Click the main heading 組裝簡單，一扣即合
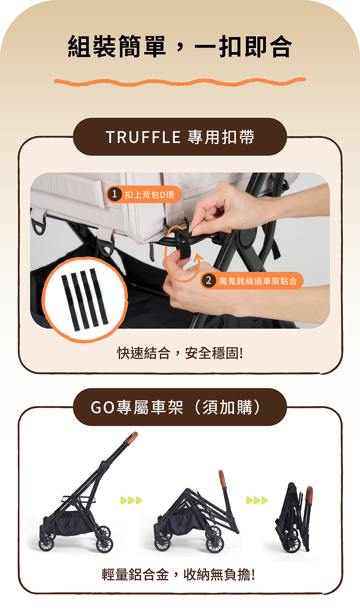click(x=180, y=47)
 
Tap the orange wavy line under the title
click(x=180, y=82)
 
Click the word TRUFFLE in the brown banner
click(x=143, y=137)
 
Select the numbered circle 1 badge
click(x=114, y=194)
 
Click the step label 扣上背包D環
click(x=149, y=195)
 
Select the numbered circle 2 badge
click(x=208, y=280)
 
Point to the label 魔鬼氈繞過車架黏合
click(x=258, y=281)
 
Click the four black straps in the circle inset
click(x=85, y=300)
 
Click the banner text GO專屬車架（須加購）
click(x=176, y=408)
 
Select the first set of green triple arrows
click(x=131, y=500)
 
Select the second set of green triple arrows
click(x=257, y=500)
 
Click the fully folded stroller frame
click(x=293, y=518)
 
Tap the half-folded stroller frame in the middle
click(x=196, y=518)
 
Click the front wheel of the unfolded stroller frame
click(x=104, y=544)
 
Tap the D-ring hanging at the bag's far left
click(x=38, y=226)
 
